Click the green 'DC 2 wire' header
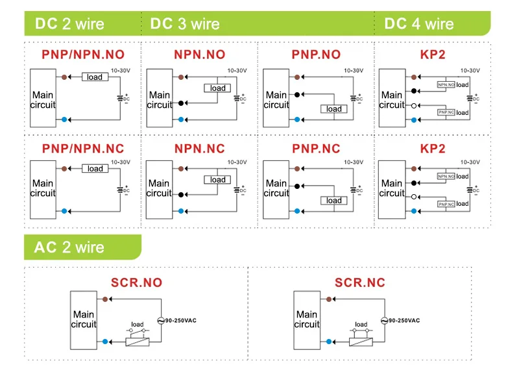click(x=69, y=24)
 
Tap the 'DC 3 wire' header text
click(x=185, y=24)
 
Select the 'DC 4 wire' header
click(x=418, y=24)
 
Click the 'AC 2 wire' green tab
click(x=69, y=247)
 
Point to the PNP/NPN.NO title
click(x=83, y=55)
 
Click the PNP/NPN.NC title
click(x=83, y=148)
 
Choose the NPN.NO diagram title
click(x=200, y=55)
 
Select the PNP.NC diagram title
click(x=316, y=148)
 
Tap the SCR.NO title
click(x=137, y=282)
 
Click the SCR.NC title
click(x=360, y=282)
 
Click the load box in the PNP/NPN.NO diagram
click(x=95, y=77)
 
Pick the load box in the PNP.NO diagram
click(x=334, y=108)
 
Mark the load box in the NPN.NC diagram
click(x=218, y=180)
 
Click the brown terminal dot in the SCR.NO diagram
click(x=105, y=299)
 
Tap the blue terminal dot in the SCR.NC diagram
click(x=329, y=341)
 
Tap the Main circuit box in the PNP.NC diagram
click(x=276, y=188)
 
